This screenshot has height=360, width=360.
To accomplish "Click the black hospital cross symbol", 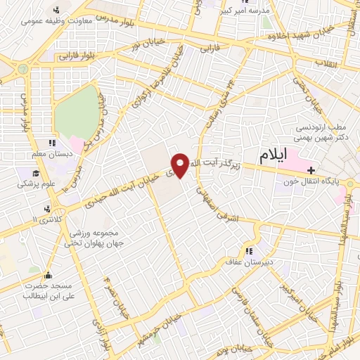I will pos(310,170).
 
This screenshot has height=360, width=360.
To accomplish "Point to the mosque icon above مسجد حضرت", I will pos(48,275).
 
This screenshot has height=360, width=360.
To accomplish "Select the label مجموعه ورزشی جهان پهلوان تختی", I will pos(94,238).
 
